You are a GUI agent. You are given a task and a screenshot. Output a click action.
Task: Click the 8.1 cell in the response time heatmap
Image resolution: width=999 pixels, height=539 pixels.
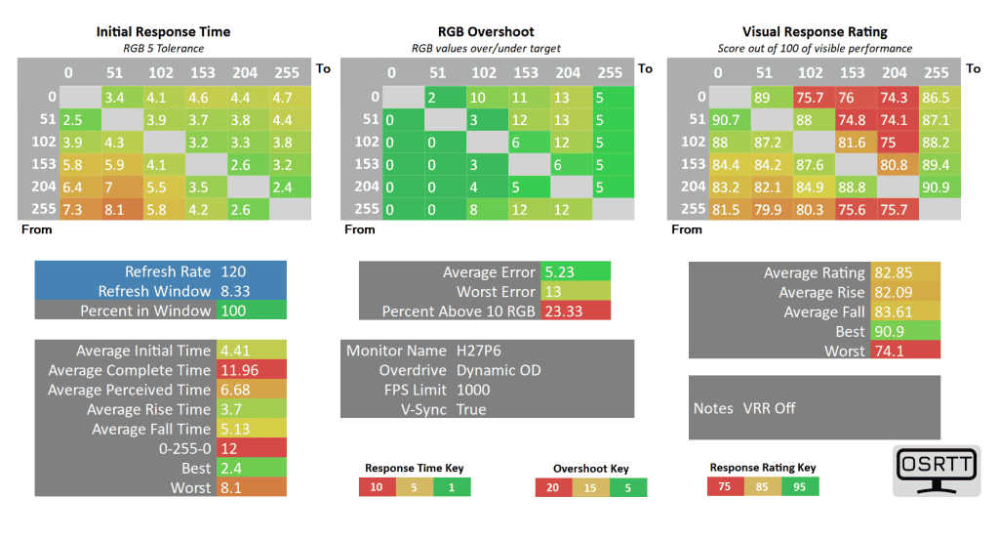coord(119,208)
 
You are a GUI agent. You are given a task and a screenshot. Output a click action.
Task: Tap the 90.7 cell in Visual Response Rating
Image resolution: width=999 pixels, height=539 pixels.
coord(726,119)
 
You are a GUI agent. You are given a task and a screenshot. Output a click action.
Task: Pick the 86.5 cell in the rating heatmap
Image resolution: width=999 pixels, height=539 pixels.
coord(936,97)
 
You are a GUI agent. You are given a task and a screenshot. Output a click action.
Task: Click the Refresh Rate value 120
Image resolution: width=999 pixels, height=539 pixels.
coord(235,272)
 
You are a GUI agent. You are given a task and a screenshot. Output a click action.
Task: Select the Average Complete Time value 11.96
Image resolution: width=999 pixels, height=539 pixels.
coord(240,370)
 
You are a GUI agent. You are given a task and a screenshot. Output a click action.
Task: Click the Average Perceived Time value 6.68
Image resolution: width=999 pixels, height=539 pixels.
coord(237,390)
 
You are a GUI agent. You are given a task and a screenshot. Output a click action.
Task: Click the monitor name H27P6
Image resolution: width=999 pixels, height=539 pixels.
coord(479,351)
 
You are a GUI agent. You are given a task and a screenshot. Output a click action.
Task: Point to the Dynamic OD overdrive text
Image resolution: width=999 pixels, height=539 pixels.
coord(499,370)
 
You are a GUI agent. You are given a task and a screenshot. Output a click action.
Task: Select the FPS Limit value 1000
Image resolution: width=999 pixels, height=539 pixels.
coord(473,390)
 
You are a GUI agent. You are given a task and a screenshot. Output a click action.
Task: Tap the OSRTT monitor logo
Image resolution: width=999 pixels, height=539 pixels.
coord(936,470)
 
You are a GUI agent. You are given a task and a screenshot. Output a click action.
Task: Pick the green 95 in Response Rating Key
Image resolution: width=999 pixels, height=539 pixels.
coord(800,486)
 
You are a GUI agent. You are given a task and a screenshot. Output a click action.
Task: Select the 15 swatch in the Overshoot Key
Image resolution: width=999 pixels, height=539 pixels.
coord(590,487)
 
